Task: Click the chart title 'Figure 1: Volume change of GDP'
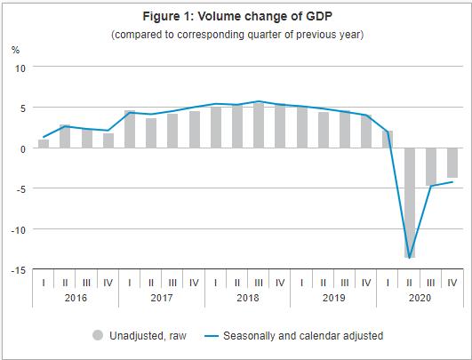(236, 16)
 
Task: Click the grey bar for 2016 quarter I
(44, 144)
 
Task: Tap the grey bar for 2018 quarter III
(259, 125)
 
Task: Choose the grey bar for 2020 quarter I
(388, 140)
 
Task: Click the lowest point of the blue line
(410, 256)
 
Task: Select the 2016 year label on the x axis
(76, 299)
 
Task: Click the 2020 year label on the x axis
(420, 299)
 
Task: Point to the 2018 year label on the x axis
(248, 299)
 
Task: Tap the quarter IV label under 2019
(366, 283)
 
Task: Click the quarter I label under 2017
(130, 283)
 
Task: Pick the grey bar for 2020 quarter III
(431, 167)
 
